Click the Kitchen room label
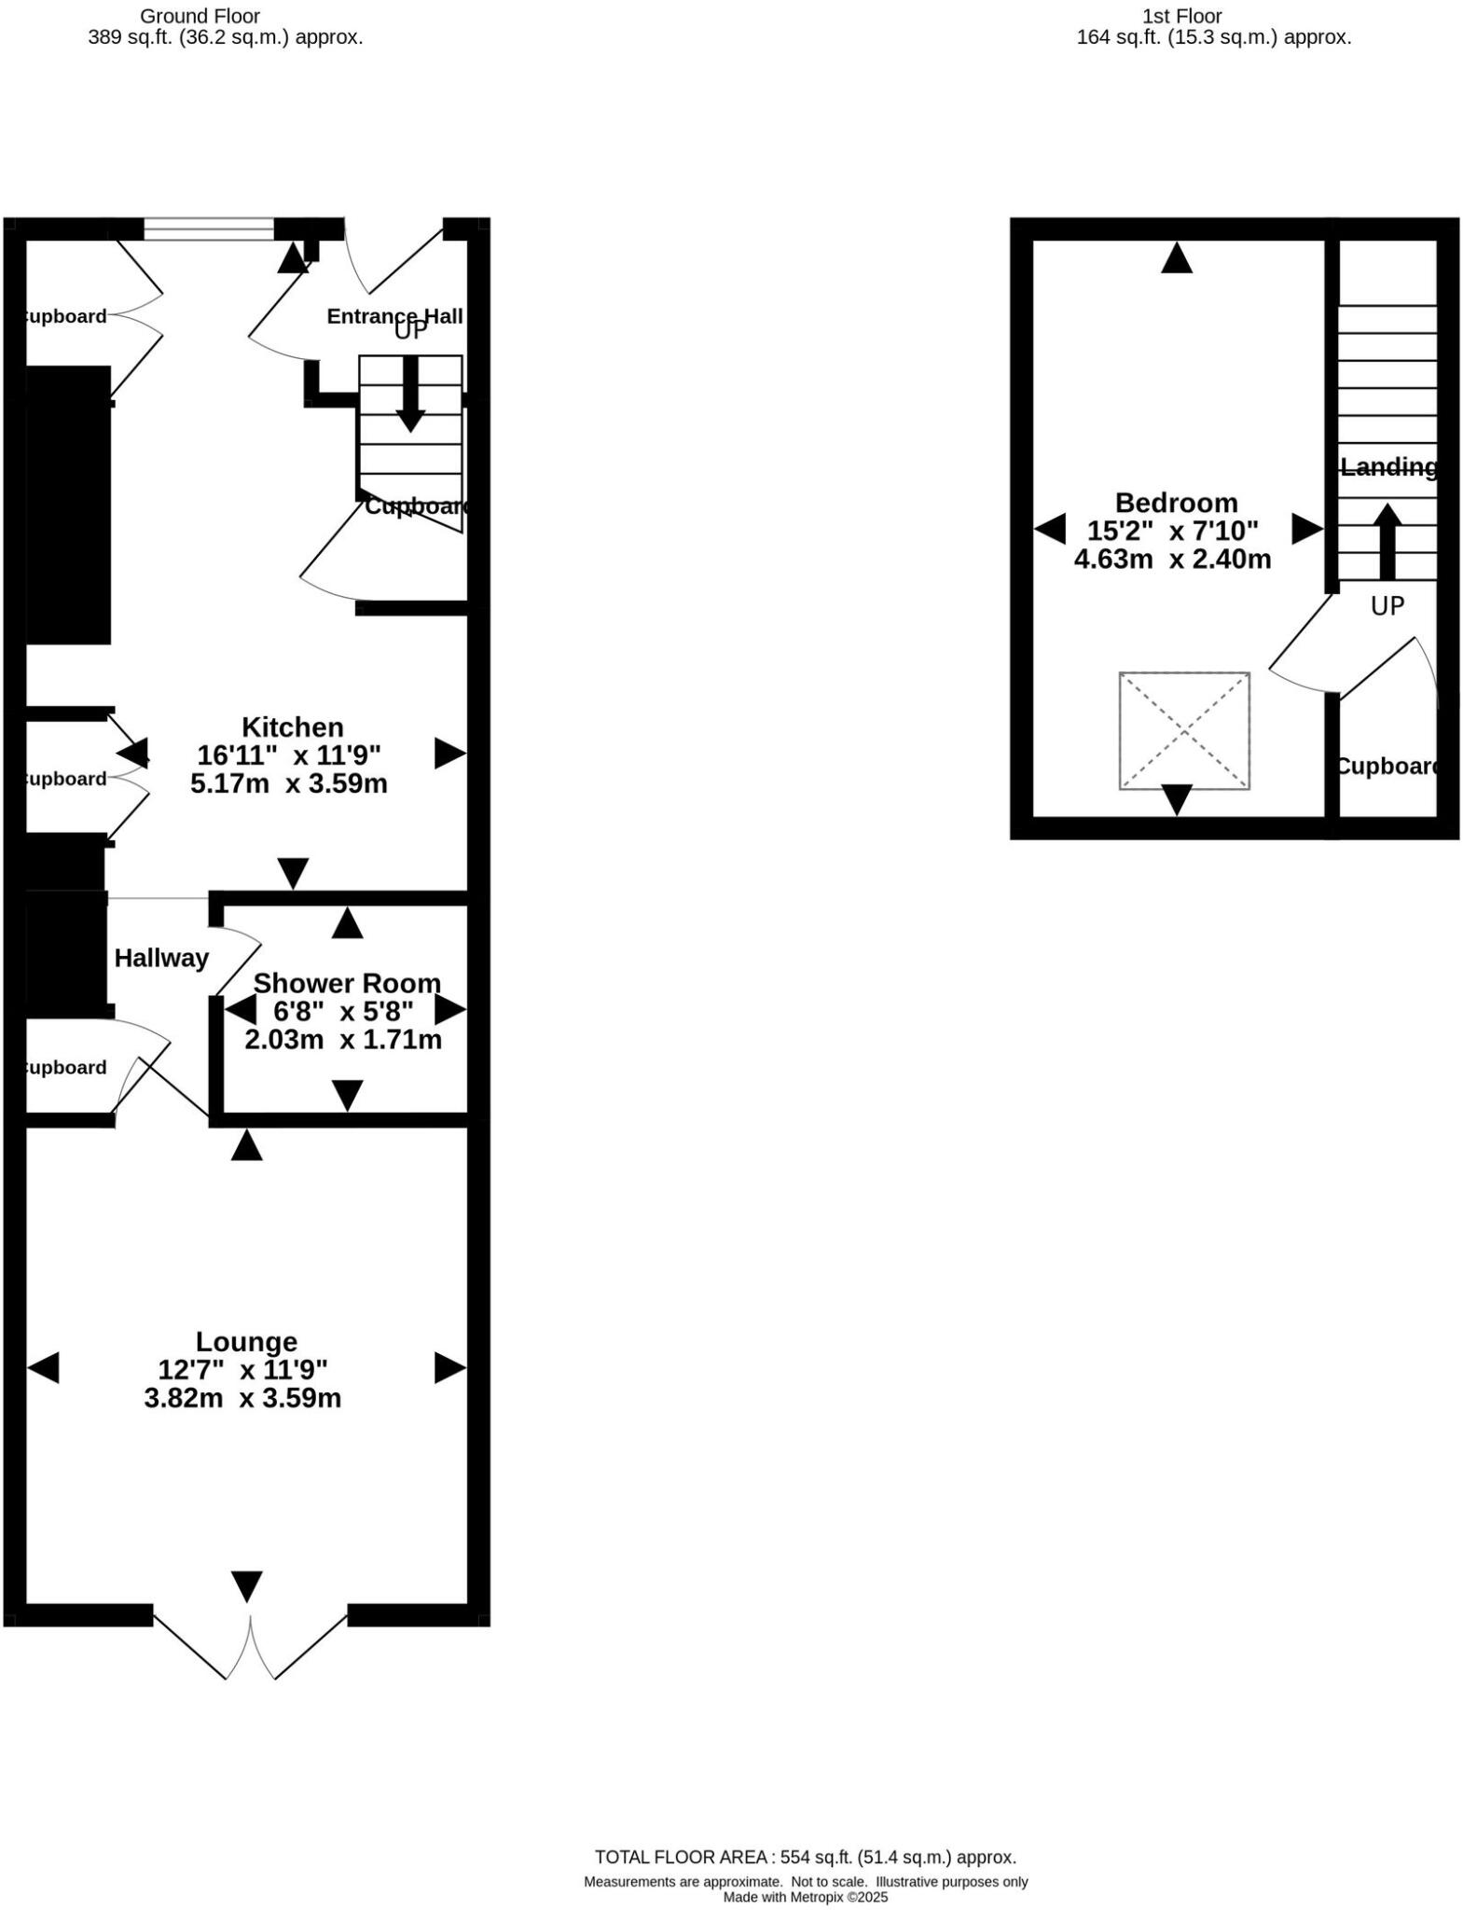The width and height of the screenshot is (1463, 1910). point(292,727)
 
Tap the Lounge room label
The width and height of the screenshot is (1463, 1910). point(246,1342)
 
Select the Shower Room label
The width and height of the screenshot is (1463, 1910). point(347,983)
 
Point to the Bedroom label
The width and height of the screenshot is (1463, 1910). point(1176,503)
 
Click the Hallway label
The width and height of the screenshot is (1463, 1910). point(161,958)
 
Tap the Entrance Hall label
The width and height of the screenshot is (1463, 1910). point(393,316)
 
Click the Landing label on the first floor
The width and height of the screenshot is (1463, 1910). point(1387,466)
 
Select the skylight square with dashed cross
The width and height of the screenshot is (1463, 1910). point(1183,731)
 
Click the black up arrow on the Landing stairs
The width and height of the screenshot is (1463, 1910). point(1387,541)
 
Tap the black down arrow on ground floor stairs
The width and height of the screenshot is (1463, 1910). point(409,395)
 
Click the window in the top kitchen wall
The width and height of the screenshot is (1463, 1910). point(209,228)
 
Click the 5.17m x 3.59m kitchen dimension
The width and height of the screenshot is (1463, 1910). point(288,783)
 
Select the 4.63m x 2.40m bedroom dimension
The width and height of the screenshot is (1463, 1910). point(1172,560)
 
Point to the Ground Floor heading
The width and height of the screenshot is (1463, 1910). point(200,16)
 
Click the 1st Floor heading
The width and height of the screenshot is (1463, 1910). point(1181,16)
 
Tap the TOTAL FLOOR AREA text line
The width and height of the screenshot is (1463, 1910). point(805,1857)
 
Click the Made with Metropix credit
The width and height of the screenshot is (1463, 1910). point(805,1897)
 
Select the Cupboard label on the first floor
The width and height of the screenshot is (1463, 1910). point(1387,766)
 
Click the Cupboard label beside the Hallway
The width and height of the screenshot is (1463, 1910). point(63,1068)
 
